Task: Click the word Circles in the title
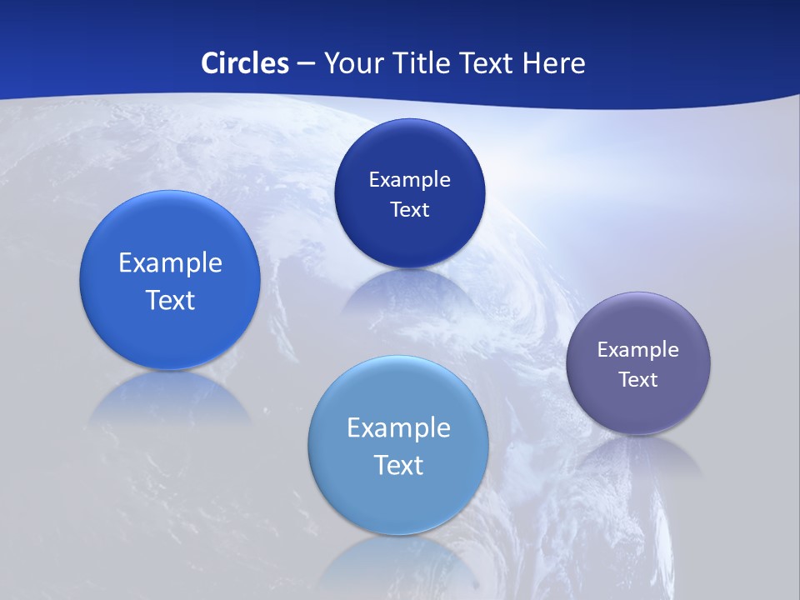[x=244, y=63]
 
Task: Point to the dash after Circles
[x=306, y=64]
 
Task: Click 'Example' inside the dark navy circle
[x=409, y=180]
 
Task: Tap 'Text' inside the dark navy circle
[x=409, y=209]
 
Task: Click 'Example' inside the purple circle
[x=638, y=350]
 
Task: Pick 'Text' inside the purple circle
[x=638, y=380]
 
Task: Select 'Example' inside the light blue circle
[x=398, y=428]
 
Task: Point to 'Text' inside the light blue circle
[x=398, y=465]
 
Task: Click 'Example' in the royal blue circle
[x=170, y=263]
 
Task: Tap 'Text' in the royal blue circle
[x=170, y=300]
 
